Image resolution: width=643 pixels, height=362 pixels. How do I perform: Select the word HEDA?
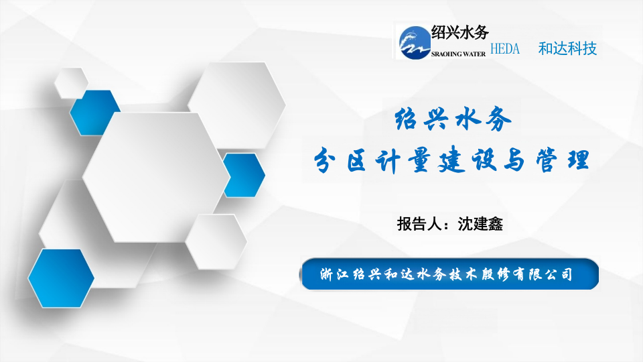coord(510,49)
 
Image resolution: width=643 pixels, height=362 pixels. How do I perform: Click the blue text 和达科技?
coord(567,49)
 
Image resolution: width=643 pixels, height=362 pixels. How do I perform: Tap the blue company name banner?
coord(449,274)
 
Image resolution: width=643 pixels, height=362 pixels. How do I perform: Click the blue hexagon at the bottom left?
coord(61,277)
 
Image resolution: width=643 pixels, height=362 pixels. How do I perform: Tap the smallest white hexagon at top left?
coord(70,83)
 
